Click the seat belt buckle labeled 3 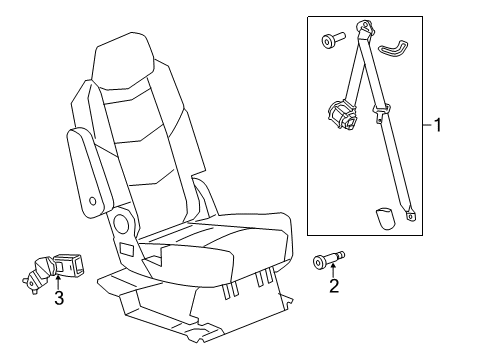click(x=56, y=268)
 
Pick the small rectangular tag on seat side click(x=127, y=249)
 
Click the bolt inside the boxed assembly click(x=330, y=41)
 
